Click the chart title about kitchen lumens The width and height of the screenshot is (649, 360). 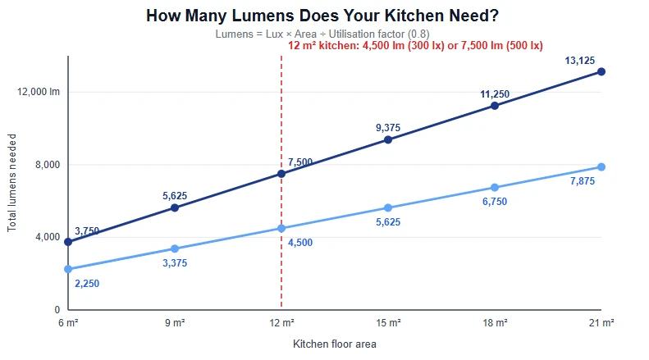(322, 16)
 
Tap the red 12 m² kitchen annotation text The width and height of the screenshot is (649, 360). (415, 46)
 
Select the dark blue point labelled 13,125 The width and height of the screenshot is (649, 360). (601, 72)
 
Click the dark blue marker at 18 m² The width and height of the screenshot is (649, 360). (495, 106)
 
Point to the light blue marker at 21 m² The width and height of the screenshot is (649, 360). (601, 166)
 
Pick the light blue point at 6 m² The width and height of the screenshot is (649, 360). (68, 269)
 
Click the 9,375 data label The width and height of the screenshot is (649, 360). (388, 128)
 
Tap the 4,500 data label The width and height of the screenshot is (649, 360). (300, 243)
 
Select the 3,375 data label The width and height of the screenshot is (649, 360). (175, 263)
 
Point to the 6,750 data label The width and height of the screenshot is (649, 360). (495, 202)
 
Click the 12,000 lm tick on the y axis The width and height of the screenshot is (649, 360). (39, 92)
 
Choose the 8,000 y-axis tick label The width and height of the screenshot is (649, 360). (48, 165)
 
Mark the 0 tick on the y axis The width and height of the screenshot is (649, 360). (57, 309)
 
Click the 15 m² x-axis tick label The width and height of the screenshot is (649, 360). (388, 323)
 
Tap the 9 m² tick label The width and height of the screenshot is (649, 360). (175, 323)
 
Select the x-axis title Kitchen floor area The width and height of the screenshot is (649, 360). (335, 344)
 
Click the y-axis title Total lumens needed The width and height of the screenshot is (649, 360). (11, 183)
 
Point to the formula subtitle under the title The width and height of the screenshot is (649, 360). (322, 34)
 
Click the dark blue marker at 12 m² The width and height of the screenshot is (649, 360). (281, 174)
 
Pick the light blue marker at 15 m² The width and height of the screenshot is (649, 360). (388, 207)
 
